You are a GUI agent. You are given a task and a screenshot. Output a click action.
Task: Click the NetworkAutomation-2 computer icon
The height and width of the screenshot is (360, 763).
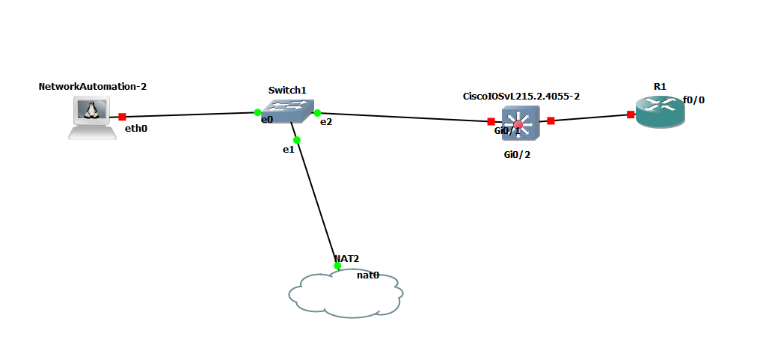92,117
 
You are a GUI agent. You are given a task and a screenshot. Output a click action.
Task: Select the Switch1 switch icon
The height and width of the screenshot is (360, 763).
287,112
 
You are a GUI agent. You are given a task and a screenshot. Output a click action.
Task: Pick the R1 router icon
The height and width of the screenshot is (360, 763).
660,112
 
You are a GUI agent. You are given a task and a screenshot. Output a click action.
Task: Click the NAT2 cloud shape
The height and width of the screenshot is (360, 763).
346,294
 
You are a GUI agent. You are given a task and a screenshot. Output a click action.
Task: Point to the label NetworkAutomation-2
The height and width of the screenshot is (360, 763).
92,86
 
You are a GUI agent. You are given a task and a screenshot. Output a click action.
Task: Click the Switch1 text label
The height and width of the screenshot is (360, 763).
287,90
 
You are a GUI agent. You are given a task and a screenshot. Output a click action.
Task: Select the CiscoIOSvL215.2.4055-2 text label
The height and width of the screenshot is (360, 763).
521,96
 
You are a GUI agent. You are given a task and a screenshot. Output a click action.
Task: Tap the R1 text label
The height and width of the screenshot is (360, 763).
660,86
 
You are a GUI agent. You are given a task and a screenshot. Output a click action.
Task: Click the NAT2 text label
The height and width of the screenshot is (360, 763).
346,259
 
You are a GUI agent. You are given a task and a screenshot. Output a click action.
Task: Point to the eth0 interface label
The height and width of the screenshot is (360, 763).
137,128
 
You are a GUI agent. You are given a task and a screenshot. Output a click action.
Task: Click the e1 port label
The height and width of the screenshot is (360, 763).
288,150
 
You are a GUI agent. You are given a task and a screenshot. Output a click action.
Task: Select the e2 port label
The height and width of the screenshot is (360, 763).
326,121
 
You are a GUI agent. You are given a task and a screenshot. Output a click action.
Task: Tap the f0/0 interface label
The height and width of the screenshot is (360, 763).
693,100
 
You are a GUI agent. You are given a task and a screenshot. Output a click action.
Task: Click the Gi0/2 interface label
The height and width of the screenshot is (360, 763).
517,155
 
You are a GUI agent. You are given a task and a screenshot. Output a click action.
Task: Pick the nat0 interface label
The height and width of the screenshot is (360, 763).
368,275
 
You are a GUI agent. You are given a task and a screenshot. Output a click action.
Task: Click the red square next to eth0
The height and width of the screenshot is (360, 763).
122,117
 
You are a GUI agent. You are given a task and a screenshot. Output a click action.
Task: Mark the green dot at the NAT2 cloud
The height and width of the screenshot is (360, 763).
337,266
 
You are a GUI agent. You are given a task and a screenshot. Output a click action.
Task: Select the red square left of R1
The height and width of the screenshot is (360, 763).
631,115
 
